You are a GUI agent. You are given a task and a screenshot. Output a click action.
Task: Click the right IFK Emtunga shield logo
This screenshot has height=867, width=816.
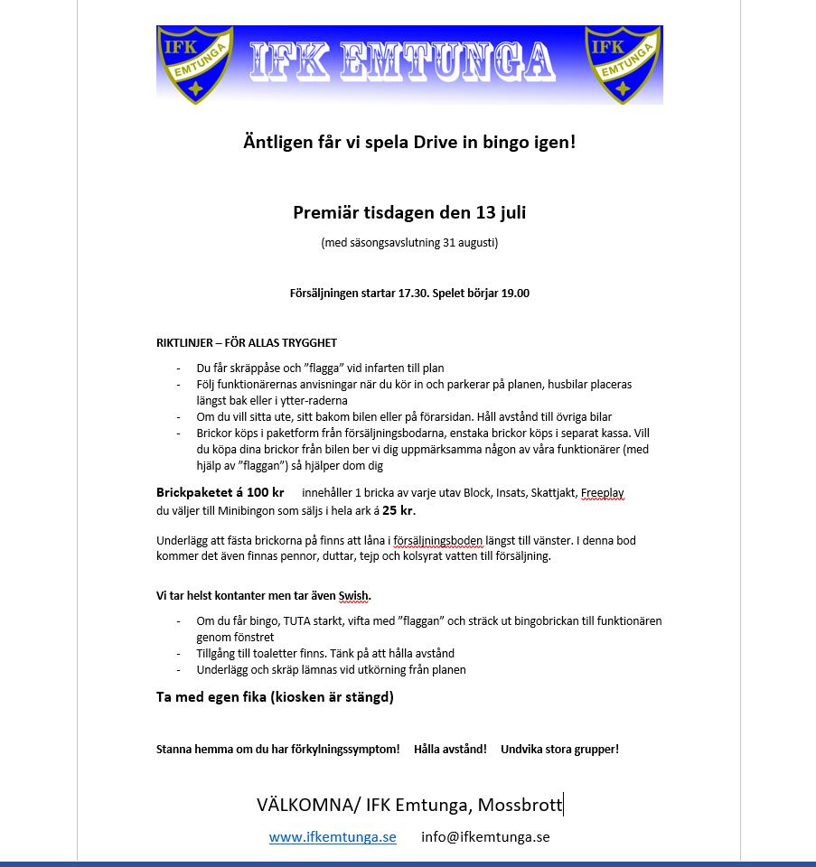click(623, 63)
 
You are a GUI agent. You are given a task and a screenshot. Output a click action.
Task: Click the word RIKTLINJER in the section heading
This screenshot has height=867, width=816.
click(184, 342)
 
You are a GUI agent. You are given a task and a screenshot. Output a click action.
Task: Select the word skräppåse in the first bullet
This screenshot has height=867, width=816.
click(248, 368)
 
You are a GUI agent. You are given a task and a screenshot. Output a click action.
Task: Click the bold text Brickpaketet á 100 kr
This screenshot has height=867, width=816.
click(220, 492)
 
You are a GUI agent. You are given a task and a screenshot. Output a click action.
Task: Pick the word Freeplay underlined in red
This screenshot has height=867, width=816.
click(602, 493)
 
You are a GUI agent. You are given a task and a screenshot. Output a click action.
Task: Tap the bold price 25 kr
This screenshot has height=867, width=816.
click(399, 509)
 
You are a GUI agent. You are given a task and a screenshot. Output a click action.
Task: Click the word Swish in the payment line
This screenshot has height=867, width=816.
click(354, 596)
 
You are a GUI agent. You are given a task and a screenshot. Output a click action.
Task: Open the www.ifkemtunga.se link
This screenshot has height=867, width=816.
click(333, 837)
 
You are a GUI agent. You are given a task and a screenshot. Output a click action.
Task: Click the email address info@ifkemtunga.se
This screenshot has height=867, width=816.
click(485, 837)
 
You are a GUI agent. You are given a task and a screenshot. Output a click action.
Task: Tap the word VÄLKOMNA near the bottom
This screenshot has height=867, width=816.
click(305, 805)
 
